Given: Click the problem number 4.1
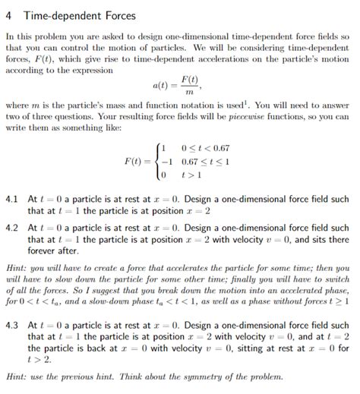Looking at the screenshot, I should pos(11,199).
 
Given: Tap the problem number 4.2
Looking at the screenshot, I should pos(11,229).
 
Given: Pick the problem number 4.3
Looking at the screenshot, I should pos(11,324).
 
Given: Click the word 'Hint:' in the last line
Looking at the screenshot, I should pos(17,377).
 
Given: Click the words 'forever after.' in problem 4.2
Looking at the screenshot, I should pos(53,251).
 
